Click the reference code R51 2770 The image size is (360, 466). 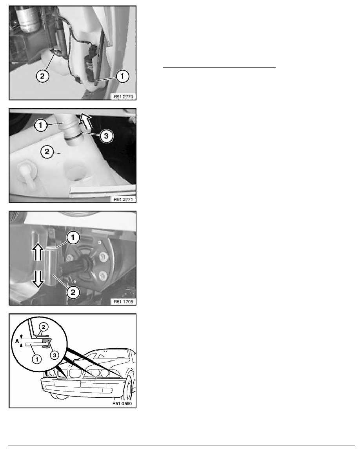[x=123, y=96]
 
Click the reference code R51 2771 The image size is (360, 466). [x=123, y=199]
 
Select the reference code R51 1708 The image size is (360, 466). [x=123, y=302]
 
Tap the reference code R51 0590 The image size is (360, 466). [x=122, y=404]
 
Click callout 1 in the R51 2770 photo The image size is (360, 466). [x=122, y=76]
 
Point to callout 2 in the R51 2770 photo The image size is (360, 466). [x=42, y=76]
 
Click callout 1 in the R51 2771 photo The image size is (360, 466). [x=41, y=126]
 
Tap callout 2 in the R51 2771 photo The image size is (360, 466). [x=47, y=152]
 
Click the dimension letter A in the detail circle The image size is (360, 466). [x=16, y=342]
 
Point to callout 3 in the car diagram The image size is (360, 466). [x=55, y=355]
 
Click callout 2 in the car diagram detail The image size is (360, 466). [x=44, y=327]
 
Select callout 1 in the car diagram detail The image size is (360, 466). [x=36, y=359]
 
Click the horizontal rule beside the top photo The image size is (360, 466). [x=219, y=68]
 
